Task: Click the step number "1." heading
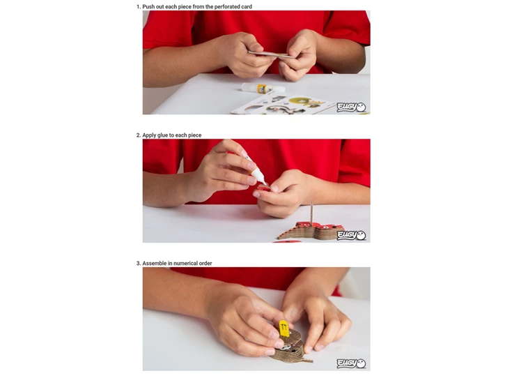tap(139, 6)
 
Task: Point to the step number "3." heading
tap(139, 263)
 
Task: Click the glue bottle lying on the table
tap(263, 88)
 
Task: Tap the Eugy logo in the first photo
tap(351, 107)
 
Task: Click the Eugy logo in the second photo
tap(351, 236)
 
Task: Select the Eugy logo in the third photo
tap(351, 363)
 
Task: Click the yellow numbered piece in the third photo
tap(284, 328)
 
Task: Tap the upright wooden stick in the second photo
tap(312, 213)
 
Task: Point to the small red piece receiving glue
tap(263, 188)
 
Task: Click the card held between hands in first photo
tap(271, 54)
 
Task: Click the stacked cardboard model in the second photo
tap(309, 231)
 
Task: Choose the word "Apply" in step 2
tap(149, 135)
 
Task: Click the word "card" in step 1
tap(247, 6)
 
